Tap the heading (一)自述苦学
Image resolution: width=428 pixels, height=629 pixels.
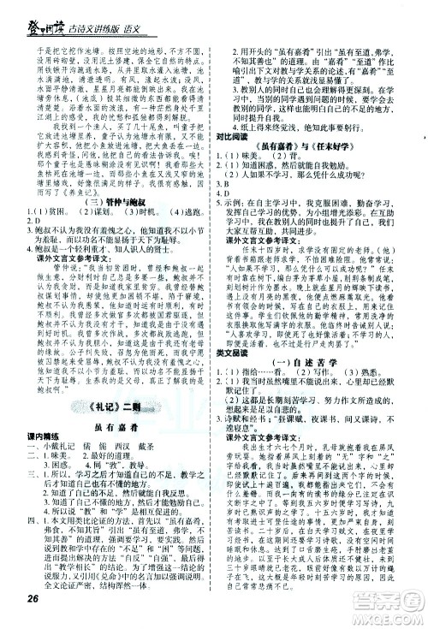(x=324, y=440)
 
